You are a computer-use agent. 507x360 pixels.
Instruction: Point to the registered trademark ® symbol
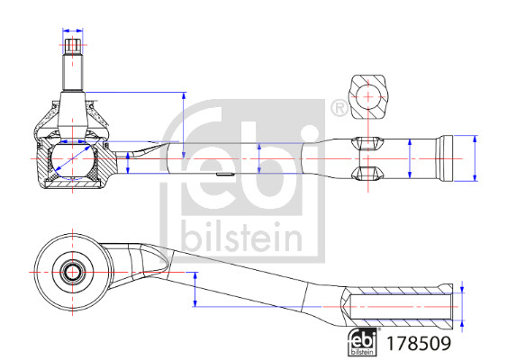pos(339,108)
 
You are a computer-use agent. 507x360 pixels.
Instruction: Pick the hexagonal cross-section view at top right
pos(370,94)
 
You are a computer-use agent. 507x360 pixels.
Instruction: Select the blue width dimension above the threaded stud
pos(74,41)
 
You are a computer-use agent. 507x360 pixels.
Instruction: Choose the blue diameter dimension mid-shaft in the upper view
pos(259,159)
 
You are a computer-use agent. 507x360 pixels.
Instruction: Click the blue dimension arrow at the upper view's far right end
pos(475,159)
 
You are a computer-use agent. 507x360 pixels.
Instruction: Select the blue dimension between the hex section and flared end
pos(410,159)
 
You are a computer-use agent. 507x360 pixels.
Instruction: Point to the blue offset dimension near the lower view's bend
pos(195,288)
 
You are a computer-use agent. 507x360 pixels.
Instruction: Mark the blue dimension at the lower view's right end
pos(461,306)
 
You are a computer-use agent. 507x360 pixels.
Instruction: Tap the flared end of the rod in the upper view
pos(448,159)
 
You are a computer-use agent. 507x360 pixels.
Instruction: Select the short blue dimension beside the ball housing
pos(128,163)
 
